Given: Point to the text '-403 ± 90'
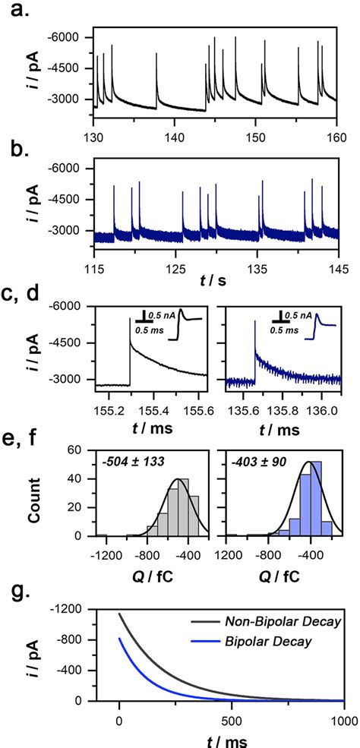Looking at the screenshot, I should (x=254, y=459).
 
